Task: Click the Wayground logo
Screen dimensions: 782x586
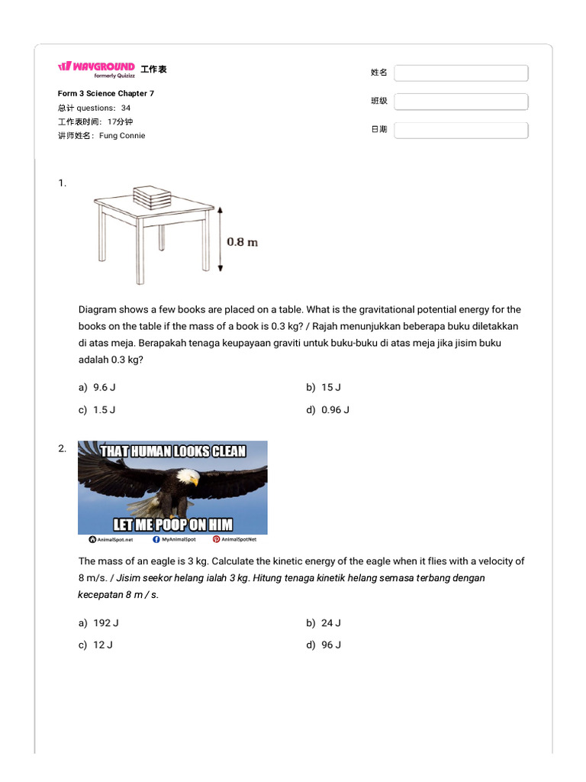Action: pyautogui.click(x=96, y=67)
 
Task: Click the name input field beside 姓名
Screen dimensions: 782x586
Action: pyautogui.click(x=461, y=73)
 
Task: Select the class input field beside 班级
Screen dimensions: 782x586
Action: pyautogui.click(x=461, y=102)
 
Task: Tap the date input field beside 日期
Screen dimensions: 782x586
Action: pyautogui.click(x=461, y=130)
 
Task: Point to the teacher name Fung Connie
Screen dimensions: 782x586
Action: pyautogui.click(x=122, y=136)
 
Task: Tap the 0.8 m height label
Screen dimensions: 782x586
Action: pyautogui.click(x=242, y=242)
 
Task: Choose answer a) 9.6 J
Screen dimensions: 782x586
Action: pyautogui.click(x=97, y=387)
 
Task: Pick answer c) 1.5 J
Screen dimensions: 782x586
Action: pyautogui.click(x=97, y=410)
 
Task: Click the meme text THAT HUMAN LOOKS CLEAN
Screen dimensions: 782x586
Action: pyautogui.click(x=173, y=451)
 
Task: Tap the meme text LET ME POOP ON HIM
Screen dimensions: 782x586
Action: pyautogui.click(x=173, y=525)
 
